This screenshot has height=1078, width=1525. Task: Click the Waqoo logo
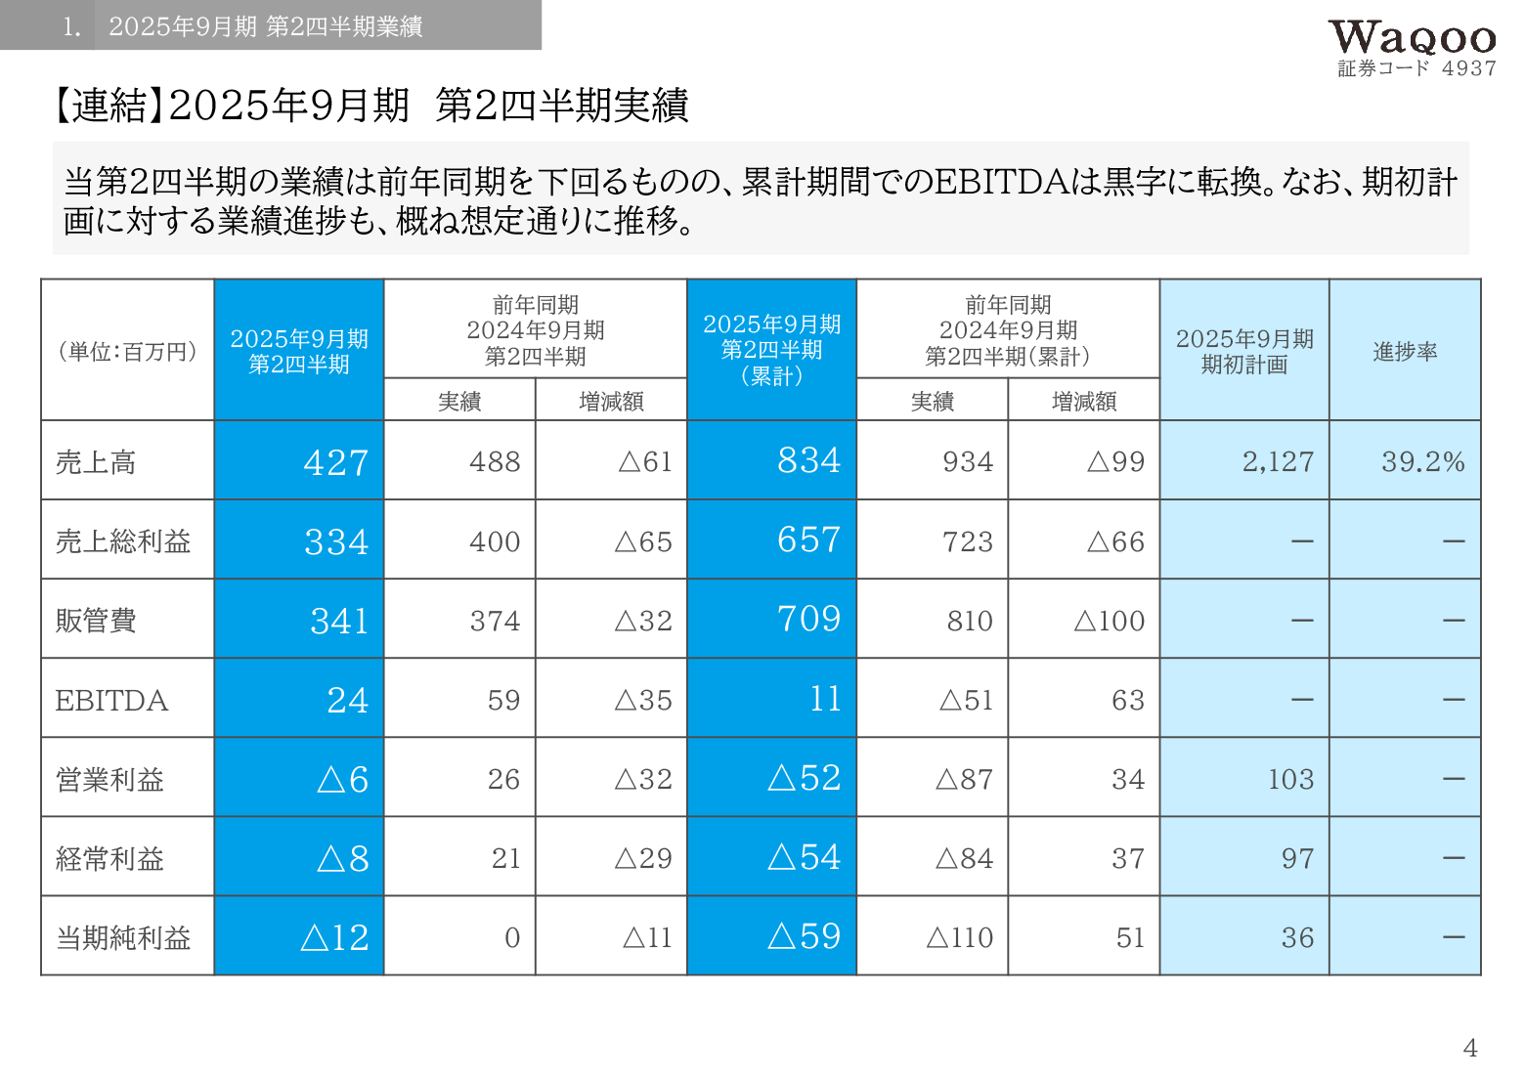(x=1412, y=38)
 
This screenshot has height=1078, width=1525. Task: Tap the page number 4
(x=1470, y=1048)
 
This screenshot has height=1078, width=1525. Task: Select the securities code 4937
(x=1468, y=68)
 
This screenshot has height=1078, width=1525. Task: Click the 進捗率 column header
(x=1405, y=351)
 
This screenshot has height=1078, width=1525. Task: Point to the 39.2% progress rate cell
(x=1422, y=461)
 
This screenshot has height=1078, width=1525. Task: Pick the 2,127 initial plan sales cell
(x=1278, y=461)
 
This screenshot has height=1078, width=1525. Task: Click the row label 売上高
(x=96, y=461)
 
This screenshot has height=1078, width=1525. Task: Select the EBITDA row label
(x=111, y=700)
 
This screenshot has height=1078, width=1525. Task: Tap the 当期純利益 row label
(x=123, y=938)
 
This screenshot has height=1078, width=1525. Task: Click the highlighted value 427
(x=335, y=461)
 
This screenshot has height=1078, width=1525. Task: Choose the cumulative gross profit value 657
(x=808, y=539)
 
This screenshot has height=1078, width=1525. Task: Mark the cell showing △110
(x=959, y=938)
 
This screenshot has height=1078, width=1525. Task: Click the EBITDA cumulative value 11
(x=825, y=698)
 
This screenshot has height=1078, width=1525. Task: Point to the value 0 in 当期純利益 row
(x=511, y=938)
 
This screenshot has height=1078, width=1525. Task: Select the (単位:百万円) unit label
(x=127, y=351)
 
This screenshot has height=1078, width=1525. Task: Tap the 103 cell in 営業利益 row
(x=1290, y=779)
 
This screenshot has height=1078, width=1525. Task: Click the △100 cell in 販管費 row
(x=1109, y=621)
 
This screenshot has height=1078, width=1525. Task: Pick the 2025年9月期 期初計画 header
(x=1244, y=351)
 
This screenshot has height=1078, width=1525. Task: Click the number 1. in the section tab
(x=71, y=26)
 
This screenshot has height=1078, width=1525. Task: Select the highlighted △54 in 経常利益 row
(x=804, y=857)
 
